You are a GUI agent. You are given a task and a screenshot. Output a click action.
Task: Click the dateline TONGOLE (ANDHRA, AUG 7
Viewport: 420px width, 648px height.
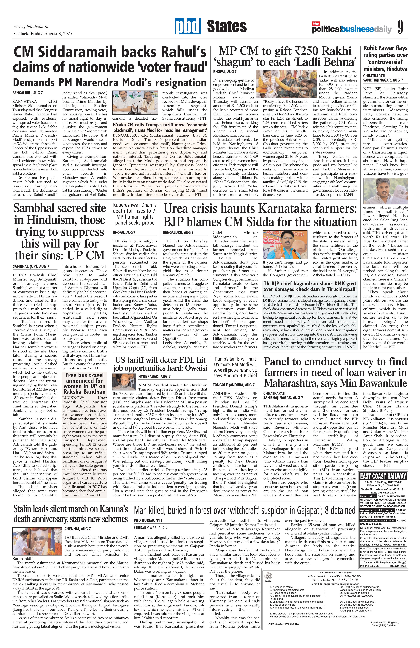(x=234, y=385)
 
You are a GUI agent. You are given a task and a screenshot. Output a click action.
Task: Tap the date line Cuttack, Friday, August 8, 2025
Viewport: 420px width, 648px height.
(x=43, y=34)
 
